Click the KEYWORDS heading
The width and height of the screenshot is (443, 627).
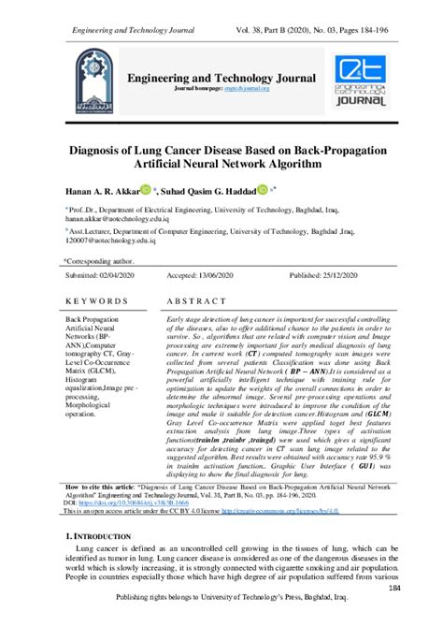point(96,302)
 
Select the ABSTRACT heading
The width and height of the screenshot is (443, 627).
point(200,302)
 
